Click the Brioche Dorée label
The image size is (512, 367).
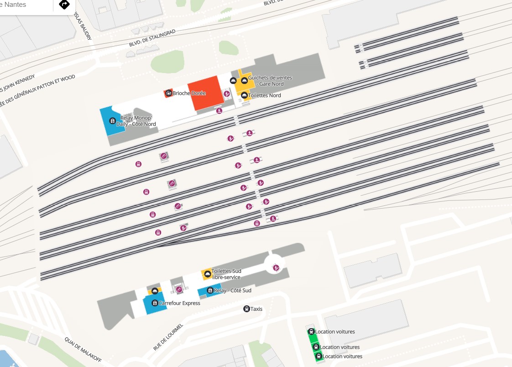coord(189,93)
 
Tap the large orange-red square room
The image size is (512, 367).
coord(204,93)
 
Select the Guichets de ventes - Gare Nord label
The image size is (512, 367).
coord(270,81)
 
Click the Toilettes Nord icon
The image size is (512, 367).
coord(244,95)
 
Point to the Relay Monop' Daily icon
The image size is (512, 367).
coord(112,121)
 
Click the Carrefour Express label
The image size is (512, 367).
coord(179,303)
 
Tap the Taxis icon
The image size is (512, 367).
coord(246,309)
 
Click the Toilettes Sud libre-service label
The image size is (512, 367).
coord(226,274)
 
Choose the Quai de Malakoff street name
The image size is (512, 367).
coord(83,350)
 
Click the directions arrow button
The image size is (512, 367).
coord(64,5)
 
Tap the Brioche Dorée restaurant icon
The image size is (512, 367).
coord(168,94)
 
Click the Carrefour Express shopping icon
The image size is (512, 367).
coord(155,303)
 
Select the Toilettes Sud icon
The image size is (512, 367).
coord(207,274)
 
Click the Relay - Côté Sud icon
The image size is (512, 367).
coord(209,290)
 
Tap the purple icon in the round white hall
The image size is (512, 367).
coord(276,268)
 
